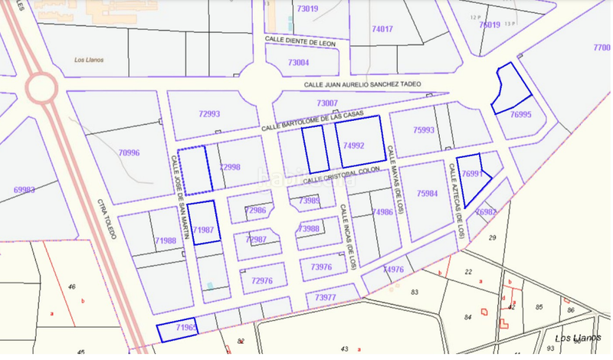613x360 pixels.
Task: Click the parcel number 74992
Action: pos(354,146)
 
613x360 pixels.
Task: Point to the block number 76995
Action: pos(521,114)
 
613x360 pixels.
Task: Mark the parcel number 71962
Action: pos(186,328)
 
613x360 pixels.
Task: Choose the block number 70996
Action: pos(129,152)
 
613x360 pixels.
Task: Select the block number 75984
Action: pos(427,194)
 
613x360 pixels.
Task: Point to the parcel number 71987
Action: pos(202,229)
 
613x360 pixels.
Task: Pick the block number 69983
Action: pos(25,188)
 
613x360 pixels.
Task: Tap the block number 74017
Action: pos(382,29)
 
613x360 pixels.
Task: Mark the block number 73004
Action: pos(298,63)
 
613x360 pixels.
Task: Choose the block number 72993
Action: pos(209,114)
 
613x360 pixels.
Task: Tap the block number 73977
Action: pos(325,297)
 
